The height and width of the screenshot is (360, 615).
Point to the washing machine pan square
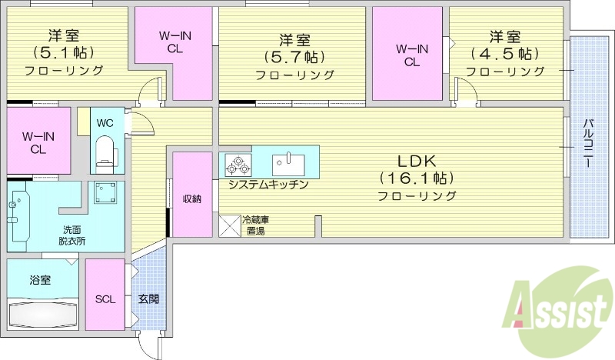[x=103, y=193]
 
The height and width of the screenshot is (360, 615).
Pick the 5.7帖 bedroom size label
[x=294, y=57]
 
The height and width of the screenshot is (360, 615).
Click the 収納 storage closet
[x=191, y=198]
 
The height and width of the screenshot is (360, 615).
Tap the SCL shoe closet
[x=105, y=299]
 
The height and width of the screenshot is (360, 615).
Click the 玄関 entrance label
[x=148, y=298]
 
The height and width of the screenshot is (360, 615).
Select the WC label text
[x=105, y=122]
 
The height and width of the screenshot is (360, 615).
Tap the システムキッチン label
[x=268, y=185]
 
